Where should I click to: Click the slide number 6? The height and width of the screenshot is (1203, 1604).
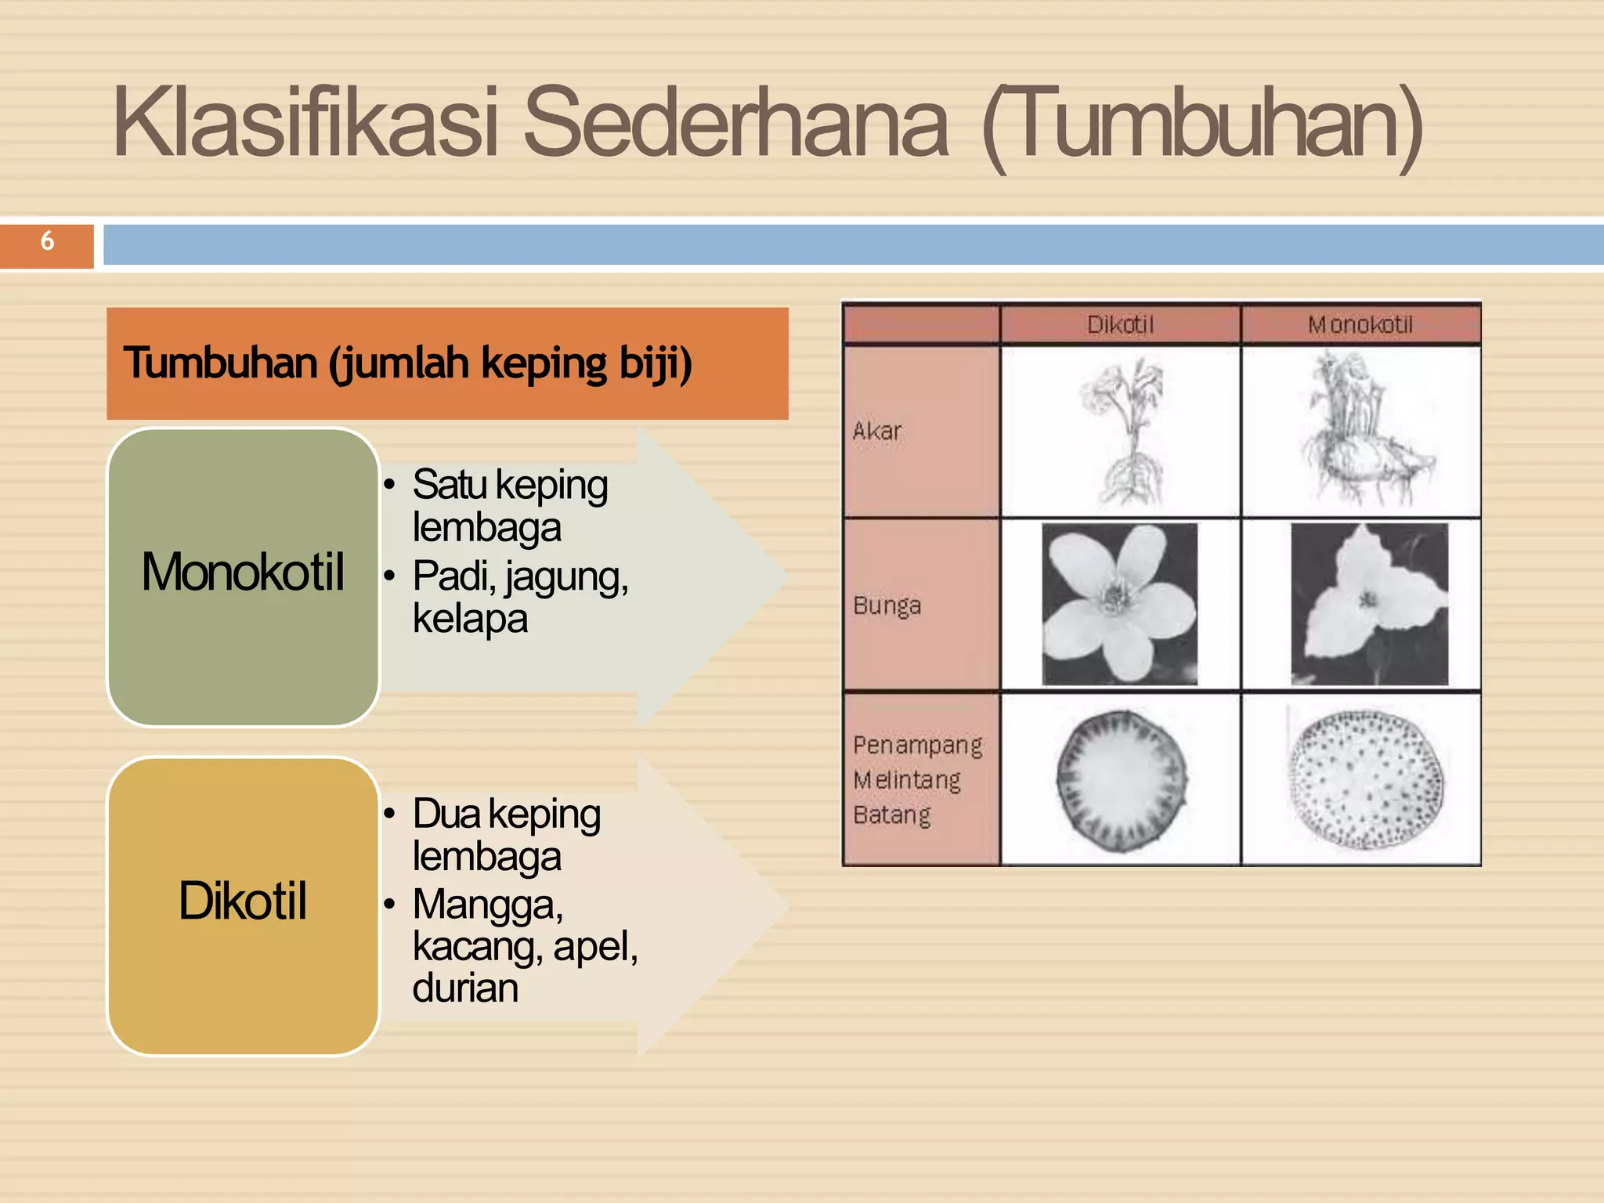click(47, 241)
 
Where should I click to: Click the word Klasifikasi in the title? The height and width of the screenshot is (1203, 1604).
click(305, 124)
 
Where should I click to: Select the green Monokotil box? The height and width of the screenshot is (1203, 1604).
click(243, 576)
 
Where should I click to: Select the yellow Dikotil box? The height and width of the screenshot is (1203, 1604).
click(243, 905)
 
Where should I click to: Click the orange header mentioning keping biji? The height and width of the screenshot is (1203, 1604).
click(446, 363)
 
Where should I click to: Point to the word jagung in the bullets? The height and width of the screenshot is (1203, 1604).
click(565, 577)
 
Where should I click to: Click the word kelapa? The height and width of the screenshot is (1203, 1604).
click(470, 619)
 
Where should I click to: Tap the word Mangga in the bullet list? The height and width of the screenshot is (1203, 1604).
click(487, 905)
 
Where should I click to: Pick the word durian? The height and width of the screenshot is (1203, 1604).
click(465, 988)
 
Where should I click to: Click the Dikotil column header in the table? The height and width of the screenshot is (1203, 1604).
click(1120, 324)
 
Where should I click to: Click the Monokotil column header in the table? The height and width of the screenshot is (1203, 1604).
click(1360, 324)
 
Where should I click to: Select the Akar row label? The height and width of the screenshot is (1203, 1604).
click(877, 431)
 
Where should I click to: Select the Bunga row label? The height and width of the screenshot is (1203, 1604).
click(887, 605)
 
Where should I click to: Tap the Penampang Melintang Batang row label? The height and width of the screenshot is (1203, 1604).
click(916, 780)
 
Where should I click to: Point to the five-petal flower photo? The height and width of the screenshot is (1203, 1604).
click(1120, 605)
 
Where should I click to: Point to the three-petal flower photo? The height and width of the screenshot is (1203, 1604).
click(1369, 605)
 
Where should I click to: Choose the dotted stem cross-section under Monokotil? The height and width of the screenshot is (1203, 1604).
click(1366, 780)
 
